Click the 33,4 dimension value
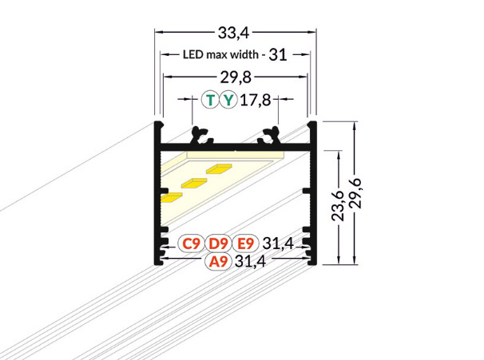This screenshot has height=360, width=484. (234, 32)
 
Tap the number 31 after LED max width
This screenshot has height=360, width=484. (277, 55)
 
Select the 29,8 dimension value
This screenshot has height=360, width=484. (234, 77)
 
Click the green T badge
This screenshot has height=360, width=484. (210, 100)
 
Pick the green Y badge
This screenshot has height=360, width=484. (229, 100)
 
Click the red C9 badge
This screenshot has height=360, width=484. (190, 243)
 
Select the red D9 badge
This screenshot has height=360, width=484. (217, 243)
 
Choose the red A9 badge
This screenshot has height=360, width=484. (217, 262)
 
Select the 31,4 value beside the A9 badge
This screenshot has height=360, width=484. (250, 262)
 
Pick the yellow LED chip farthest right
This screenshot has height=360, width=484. (220, 168)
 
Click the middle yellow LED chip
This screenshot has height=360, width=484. (194, 182)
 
